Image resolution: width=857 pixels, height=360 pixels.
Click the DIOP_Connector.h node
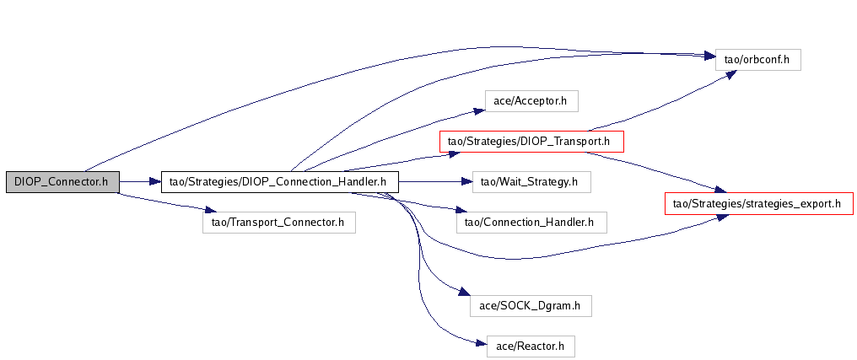pyautogui.click(x=62, y=180)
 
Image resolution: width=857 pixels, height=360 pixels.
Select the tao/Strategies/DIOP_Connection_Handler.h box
pyautogui.click(x=278, y=180)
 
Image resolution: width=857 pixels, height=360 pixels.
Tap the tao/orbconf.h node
pyautogui.click(x=757, y=60)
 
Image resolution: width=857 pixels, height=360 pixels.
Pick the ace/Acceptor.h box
pyautogui.click(x=530, y=101)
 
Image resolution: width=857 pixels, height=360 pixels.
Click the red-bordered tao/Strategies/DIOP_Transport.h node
pyautogui.click(x=531, y=141)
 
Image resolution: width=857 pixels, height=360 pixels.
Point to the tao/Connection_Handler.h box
pyautogui.click(x=531, y=223)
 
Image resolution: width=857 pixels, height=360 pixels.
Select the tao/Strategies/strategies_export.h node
pyautogui.click(x=759, y=203)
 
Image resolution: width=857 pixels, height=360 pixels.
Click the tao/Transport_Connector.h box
pyautogui.click(x=278, y=223)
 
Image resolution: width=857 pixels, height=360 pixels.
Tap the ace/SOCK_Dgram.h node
pyautogui.click(x=530, y=304)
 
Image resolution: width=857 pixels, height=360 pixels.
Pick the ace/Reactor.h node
pyautogui.click(x=531, y=345)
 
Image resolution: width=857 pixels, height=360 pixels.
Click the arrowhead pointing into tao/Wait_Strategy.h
pyautogui.click(x=465, y=180)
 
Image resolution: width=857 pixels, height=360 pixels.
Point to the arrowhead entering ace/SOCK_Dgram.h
pyautogui.click(x=463, y=293)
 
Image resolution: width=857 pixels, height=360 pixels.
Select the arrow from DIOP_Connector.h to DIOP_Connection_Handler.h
pyautogui.click(x=139, y=180)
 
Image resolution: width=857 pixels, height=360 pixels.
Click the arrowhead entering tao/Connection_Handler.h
pyautogui.click(x=449, y=211)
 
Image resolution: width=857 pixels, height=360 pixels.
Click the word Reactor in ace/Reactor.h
pyautogui.click(x=542, y=345)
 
